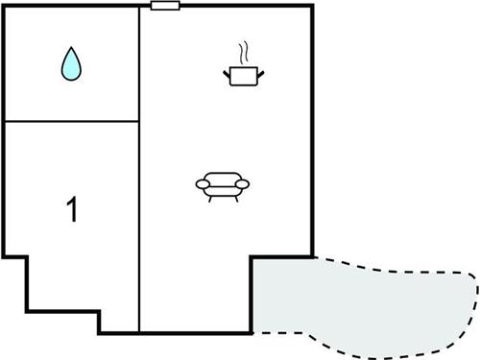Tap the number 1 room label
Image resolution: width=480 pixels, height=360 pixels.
71,210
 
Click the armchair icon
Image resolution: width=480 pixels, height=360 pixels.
222,183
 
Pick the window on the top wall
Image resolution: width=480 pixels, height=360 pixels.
166,6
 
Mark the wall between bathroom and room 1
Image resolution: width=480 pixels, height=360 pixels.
72,121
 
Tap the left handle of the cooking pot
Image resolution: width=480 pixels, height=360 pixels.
227,70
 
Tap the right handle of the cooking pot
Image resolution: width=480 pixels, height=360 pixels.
261,70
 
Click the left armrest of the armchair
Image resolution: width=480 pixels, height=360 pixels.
202,183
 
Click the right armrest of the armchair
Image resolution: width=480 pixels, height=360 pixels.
242,183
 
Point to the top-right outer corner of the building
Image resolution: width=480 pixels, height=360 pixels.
313,7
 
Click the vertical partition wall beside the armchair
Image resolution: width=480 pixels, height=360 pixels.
141,192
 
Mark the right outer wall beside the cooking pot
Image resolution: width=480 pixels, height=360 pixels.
313,77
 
